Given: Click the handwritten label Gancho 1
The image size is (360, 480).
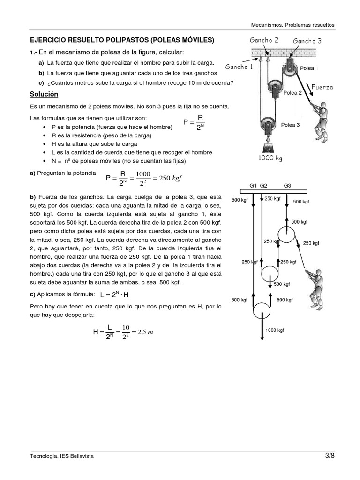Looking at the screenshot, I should [239, 67].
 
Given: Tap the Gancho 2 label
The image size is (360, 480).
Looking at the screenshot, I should [264, 40].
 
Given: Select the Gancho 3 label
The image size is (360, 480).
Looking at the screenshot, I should [307, 41].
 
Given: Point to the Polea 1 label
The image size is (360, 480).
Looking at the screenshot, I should [309, 68].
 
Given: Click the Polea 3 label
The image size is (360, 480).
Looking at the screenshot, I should [290, 125].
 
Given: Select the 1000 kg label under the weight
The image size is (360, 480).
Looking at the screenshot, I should [270, 158].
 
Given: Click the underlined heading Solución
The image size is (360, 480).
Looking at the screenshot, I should [44, 94].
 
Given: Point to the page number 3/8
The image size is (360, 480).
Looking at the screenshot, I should [330, 456].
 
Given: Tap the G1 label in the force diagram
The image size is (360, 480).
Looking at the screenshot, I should [253, 186].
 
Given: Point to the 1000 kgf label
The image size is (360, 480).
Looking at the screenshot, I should [275, 330].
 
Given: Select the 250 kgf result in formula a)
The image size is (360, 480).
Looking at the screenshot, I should [169, 178].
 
